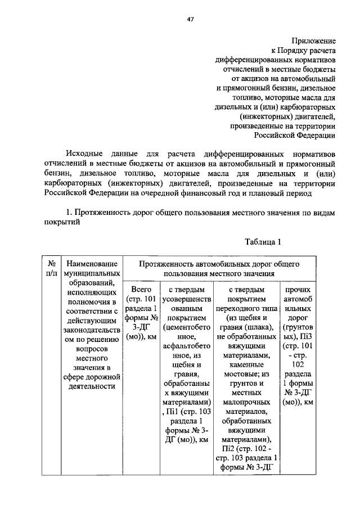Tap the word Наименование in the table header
click(92, 263)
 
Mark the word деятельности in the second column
click(92, 386)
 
